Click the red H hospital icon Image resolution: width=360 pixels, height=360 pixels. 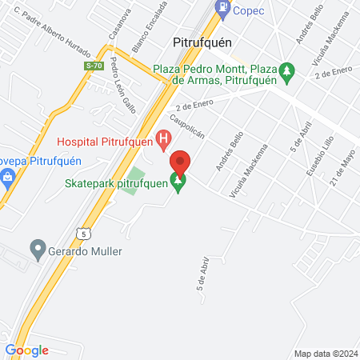click(x=164, y=142)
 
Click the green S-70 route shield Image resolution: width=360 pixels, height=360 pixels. click(x=94, y=67)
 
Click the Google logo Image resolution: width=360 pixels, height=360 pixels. click(x=26, y=350)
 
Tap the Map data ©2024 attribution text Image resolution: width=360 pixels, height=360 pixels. click(x=324, y=354)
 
